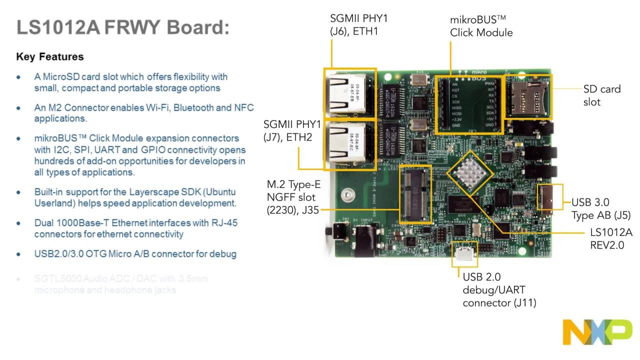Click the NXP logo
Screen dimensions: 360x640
pos(597,331)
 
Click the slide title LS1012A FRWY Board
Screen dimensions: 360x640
pos(123,27)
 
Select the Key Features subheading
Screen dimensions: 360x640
pos(50,56)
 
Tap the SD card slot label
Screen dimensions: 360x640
pos(601,95)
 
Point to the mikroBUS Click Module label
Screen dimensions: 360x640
pos(481,26)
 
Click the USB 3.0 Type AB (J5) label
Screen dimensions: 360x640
pos(600,209)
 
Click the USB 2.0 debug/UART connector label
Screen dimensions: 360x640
pos(499,289)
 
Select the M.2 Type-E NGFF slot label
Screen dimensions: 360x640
pos(293,197)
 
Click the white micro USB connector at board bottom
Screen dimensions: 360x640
pos(464,254)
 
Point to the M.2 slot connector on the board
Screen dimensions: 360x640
pos(415,194)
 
